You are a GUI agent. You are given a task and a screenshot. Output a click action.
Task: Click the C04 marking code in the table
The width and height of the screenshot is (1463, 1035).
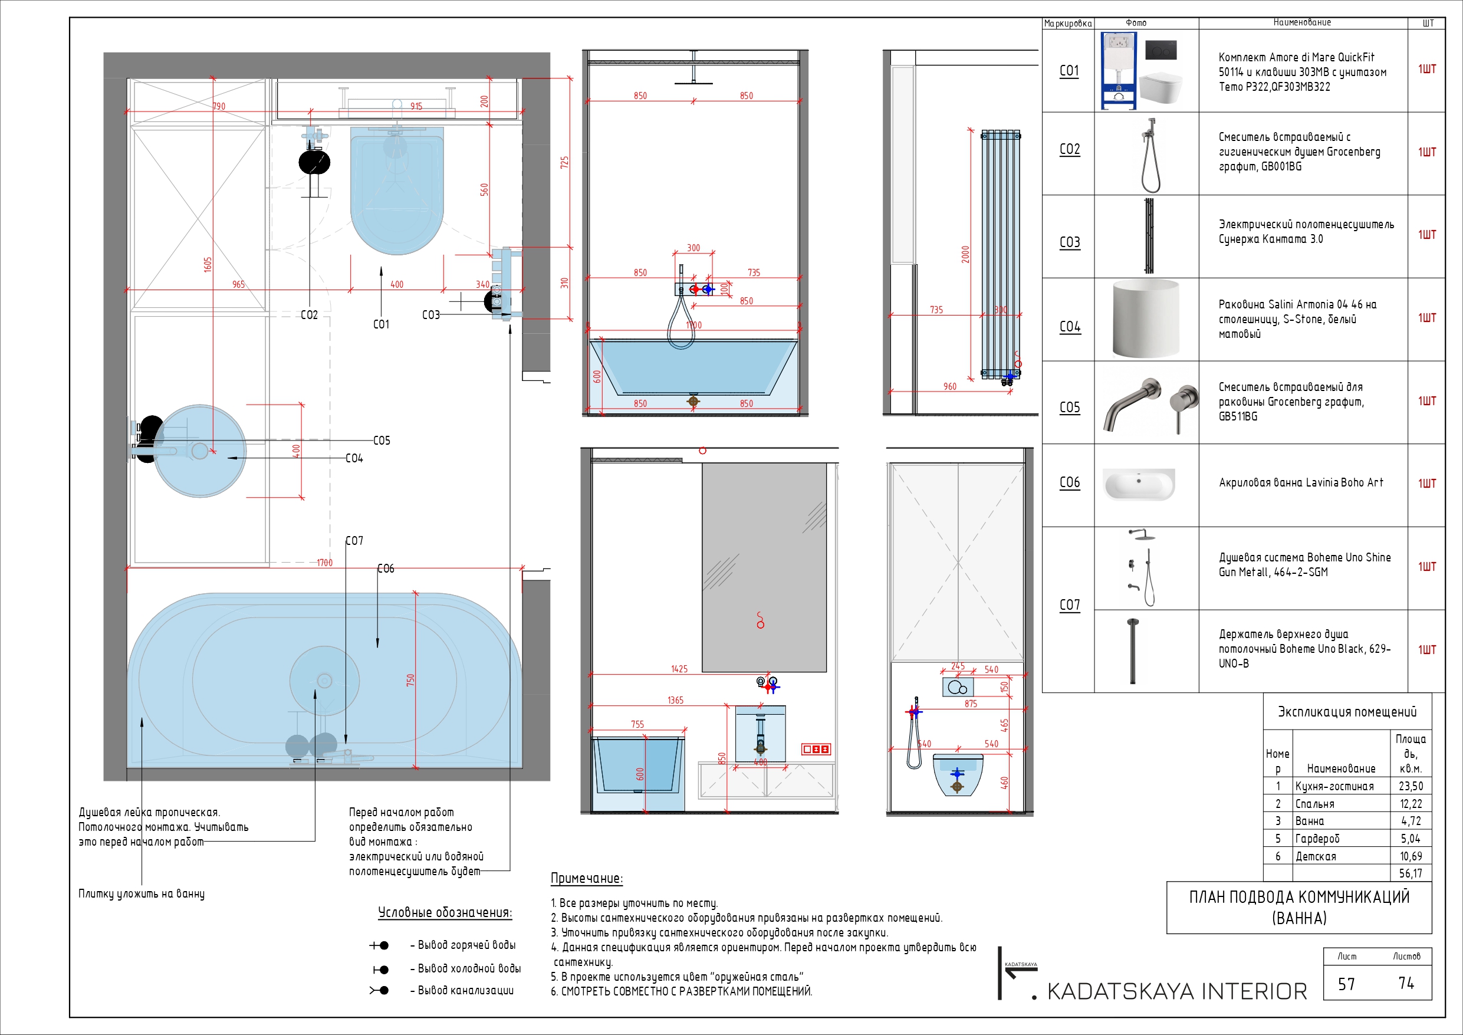coord(1070,327)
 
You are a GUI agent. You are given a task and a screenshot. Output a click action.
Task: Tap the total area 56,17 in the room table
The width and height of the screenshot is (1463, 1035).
coord(1410,874)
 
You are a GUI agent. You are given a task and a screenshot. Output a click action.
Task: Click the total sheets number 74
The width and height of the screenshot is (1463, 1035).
coord(1406,983)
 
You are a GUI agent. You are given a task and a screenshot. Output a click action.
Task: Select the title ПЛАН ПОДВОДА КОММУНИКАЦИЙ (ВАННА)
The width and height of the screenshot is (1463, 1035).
coord(1298,907)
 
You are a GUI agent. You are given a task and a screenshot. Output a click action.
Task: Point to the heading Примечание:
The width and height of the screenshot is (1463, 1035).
coord(586,878)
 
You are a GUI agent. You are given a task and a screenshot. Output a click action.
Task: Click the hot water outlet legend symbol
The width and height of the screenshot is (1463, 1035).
coord(380,945)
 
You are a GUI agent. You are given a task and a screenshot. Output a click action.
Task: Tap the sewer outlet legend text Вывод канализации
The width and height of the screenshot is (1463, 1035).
coord(465,990)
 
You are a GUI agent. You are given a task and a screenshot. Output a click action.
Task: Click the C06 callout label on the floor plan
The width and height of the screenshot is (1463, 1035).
coord(386,569)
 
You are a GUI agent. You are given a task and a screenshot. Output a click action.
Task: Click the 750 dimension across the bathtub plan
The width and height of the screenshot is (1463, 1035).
coord(410,679)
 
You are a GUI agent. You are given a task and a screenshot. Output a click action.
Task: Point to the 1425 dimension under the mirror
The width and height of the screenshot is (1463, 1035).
coord(679,669)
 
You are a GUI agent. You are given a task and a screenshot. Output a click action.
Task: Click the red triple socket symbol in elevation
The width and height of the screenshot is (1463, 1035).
coord(816,749)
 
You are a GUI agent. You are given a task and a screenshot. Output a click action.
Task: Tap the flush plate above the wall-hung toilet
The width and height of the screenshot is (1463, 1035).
coord(957,687)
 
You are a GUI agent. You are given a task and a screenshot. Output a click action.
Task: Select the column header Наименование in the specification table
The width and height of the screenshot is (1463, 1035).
coord(1302,22)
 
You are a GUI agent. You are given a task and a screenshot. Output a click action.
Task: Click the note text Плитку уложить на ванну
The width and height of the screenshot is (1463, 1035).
coord(142,893)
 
